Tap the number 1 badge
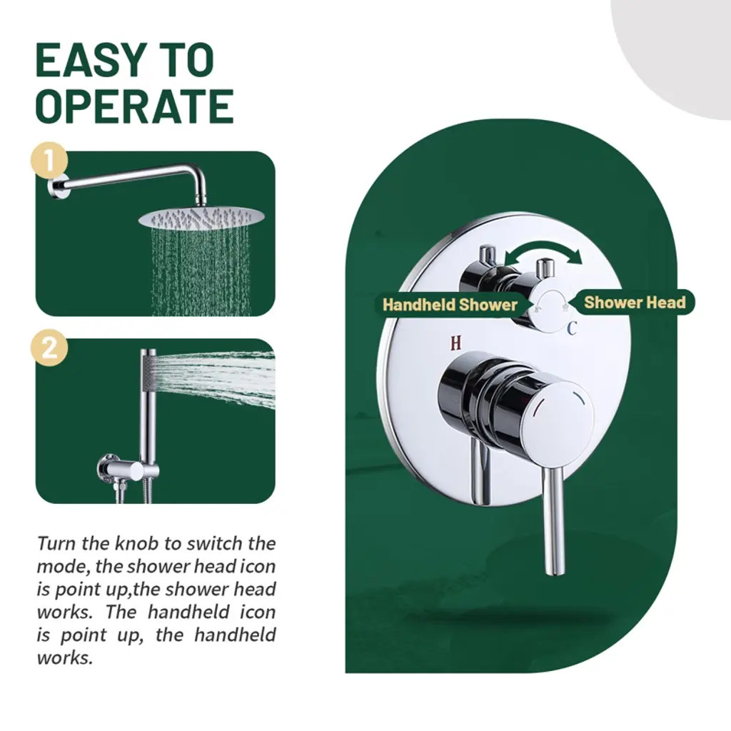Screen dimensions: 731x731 tap(49, 161)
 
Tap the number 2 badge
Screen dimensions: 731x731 tap(49, 348)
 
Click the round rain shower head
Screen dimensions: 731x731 tap(201, 218)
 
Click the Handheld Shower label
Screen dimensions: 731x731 tap(450, 305)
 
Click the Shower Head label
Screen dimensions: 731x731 tap(635, 303)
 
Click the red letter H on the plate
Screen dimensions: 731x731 tap(455, 343)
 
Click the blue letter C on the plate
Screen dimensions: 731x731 tap(572, 328)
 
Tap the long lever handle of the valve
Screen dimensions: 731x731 tap(553, 521)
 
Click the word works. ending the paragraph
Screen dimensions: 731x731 tap(65, 658)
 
